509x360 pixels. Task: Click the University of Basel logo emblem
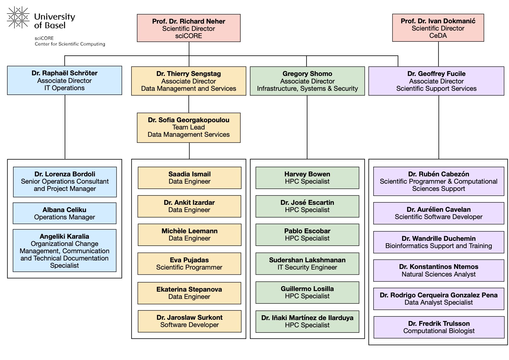[18, 18]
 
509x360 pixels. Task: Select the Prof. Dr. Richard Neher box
[189, 28]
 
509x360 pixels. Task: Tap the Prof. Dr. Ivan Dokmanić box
[438, 28]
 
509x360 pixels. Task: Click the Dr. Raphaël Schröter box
[64, 80]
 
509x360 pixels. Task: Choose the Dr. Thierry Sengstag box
[189, 81]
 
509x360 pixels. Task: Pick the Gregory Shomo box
[307, 81]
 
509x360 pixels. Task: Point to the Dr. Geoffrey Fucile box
[436, 81]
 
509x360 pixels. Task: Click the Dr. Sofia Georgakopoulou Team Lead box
[189, 127]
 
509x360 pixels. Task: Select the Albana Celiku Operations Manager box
[64, 213]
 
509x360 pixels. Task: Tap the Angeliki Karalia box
[64, 250]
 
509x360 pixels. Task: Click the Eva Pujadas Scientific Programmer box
[189, 263]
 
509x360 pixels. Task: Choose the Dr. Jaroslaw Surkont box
[189, 321]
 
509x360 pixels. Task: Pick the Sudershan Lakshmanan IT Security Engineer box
[307, 263]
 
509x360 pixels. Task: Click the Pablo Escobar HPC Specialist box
[307, 234]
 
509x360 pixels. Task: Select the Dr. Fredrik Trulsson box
[439, 327]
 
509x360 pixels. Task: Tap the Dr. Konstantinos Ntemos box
[439, 270]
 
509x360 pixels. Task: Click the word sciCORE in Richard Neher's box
[189, 36]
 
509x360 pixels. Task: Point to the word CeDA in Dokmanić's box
[438, 35]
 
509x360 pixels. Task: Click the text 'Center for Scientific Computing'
[70, 44]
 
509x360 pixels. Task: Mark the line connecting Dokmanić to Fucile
[438, 54]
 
